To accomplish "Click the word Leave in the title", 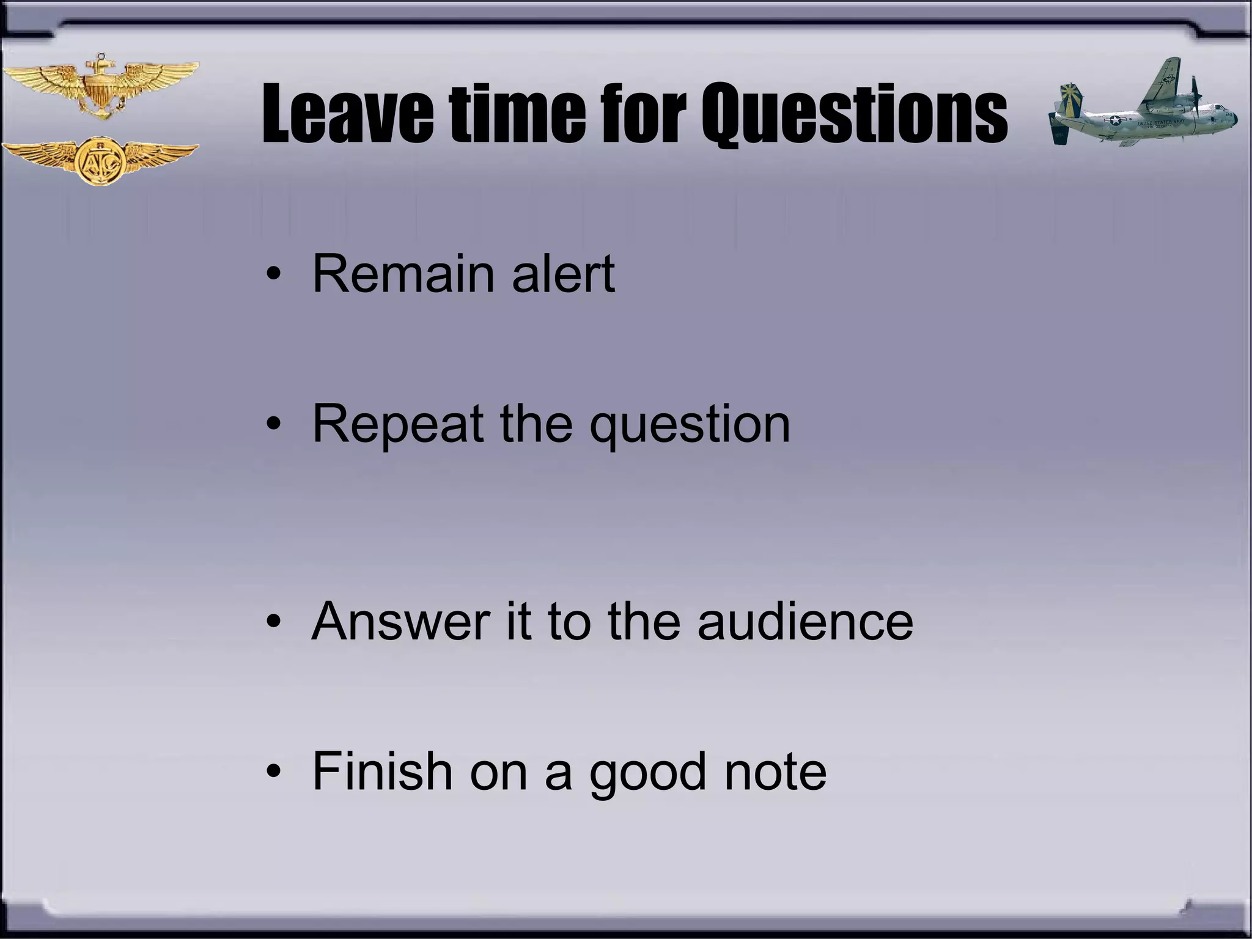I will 347,114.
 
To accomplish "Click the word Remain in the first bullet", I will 403,274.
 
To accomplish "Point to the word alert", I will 563,274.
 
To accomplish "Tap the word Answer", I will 400,621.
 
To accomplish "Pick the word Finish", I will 382,771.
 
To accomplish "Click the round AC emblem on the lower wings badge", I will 100,161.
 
